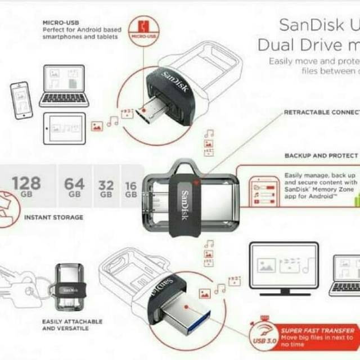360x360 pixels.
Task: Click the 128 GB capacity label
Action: coord(26,186)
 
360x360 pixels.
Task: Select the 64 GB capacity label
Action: coord(74,186)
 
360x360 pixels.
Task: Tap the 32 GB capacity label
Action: coord(106,188)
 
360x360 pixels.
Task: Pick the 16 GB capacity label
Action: coord(131,188)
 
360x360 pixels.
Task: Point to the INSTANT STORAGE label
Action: coord(53,217)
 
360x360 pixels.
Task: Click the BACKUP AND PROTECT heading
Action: coord(321,155)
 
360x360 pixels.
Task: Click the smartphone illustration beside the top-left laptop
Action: coord(21,100)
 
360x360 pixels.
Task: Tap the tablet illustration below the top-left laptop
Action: coord(64,128)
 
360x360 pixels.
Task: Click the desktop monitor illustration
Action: coord(283,268)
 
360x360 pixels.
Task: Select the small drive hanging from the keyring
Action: coord(70,287)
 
